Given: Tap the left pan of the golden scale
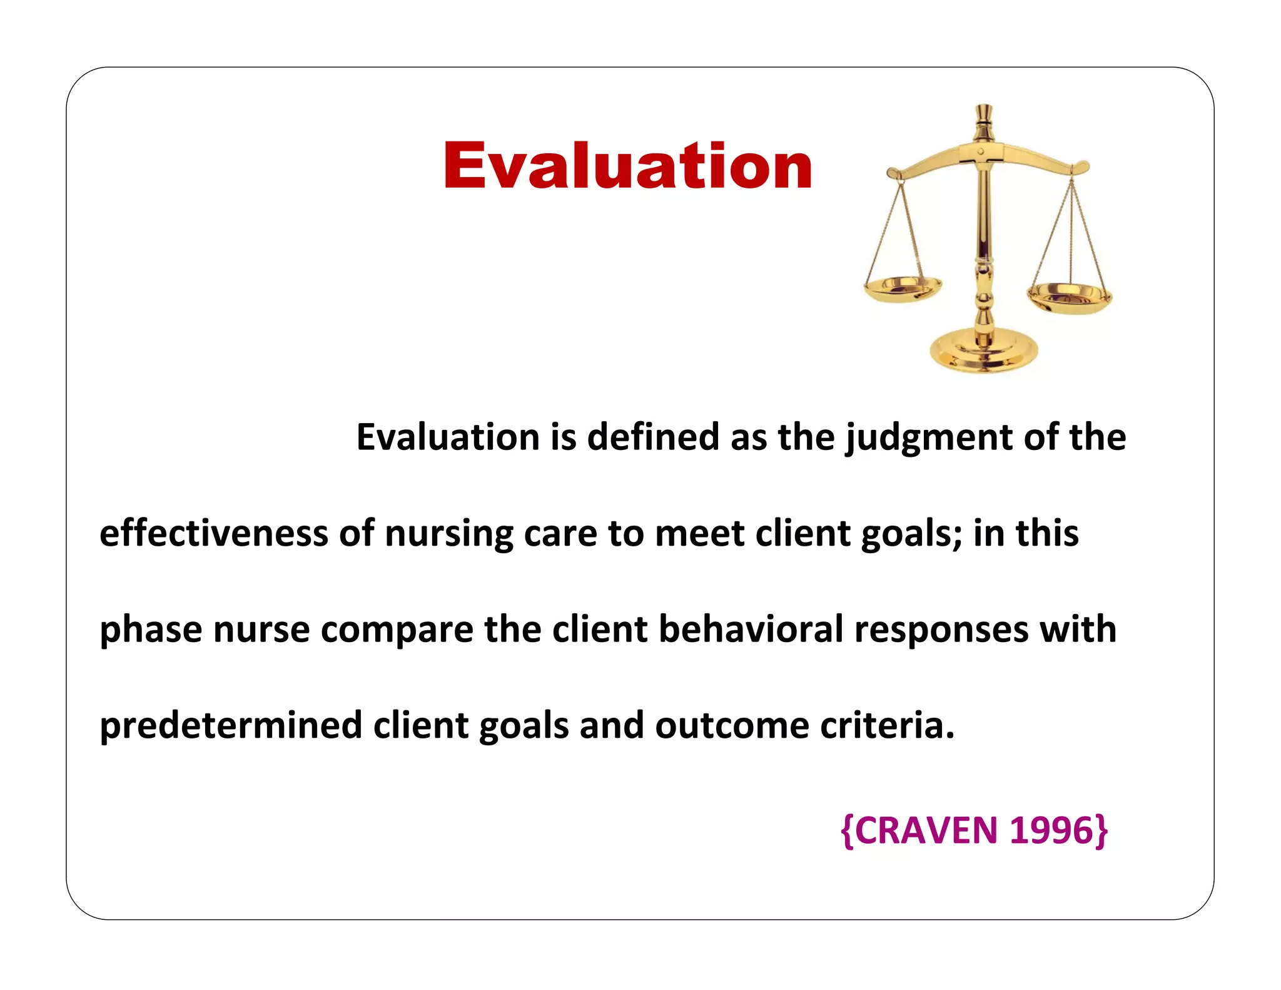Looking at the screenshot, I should [903, 288].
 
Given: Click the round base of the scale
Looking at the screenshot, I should [983, 352].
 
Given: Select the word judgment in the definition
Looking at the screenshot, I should [929, 438].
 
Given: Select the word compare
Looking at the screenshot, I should [397, 631].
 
